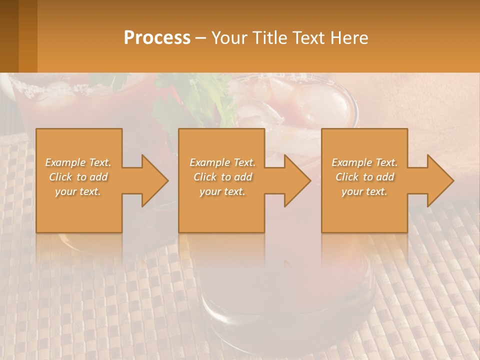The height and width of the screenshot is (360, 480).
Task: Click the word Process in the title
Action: (157, 38)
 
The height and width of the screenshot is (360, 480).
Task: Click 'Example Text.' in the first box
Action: (78, 162)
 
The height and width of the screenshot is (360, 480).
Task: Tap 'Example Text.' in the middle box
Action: (222, 162)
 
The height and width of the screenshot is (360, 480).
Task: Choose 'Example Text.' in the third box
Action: (364, 162)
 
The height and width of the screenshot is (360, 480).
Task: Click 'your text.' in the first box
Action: (78, 191)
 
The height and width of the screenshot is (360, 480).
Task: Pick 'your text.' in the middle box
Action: (222, 191)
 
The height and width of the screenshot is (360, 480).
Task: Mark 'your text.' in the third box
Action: (364, 191)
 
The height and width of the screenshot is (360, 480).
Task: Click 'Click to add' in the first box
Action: (78, 177)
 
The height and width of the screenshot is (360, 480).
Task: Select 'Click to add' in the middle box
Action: (222, 177)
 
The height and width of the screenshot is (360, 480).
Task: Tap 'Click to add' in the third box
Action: (364, 177)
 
